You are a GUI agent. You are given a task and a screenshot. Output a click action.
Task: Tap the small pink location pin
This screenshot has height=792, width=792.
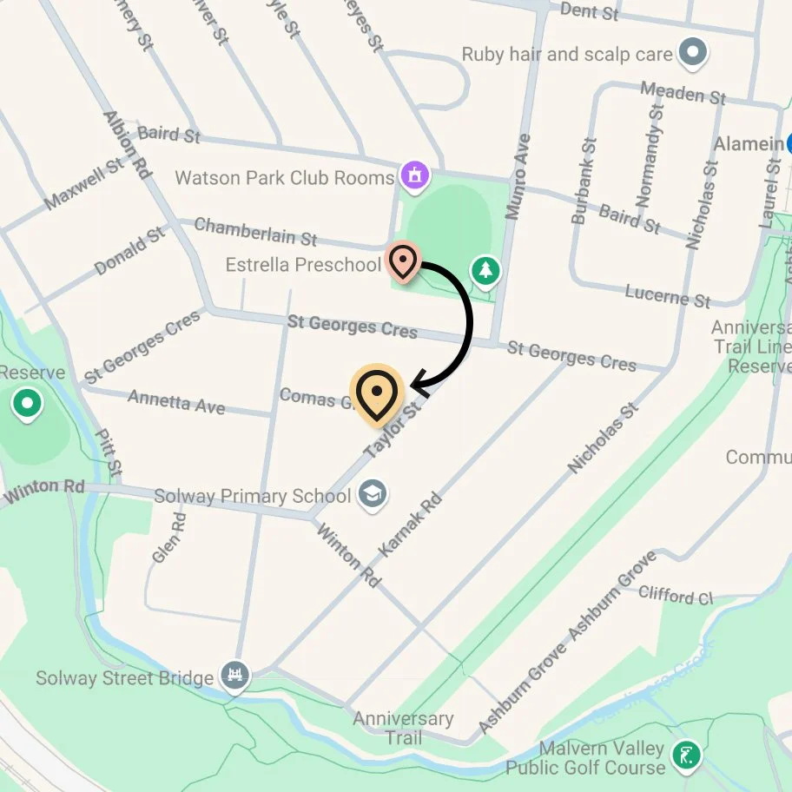tap(402, 261)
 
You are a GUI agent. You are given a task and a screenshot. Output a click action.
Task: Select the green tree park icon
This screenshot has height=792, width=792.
tap(486, 271)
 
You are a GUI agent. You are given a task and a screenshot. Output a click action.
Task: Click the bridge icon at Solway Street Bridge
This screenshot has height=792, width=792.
tap(234, 676)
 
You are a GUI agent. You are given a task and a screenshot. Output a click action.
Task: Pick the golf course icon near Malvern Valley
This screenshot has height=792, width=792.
tap(688, 756)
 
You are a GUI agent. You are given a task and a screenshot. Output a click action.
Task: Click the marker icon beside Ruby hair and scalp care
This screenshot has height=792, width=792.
tap(692, 54)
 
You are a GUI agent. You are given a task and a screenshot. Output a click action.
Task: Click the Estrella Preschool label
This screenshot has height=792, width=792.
tap(303, 264)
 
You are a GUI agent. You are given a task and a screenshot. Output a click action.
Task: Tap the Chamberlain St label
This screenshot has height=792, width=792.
tap(255, 231)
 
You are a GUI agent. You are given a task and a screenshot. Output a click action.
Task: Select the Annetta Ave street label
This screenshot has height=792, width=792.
tap(176, 401)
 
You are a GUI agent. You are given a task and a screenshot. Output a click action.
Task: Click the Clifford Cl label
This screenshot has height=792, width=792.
tap(675, 596)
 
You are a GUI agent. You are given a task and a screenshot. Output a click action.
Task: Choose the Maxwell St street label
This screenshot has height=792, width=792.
tap(84, 183)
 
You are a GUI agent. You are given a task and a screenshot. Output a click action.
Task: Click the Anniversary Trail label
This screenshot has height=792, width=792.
tap(403, 728)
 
